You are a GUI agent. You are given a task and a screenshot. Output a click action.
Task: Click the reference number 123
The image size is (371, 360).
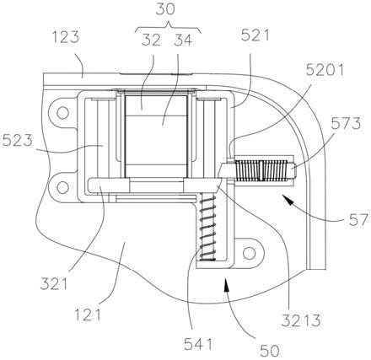[66, 37]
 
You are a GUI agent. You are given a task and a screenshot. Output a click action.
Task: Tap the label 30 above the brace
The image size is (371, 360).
[165, 9]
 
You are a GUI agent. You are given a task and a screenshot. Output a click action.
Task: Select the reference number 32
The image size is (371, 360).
[151, 40]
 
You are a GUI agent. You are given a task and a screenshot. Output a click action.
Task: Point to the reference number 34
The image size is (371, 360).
[183, 40]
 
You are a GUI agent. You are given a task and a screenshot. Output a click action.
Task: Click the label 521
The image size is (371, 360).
[255, 35]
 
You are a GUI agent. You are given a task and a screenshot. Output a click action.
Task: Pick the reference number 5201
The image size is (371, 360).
[325, 70]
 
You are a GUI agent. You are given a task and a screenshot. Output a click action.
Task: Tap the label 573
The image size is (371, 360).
[346, 123]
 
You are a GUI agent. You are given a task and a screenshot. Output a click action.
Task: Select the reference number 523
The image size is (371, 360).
[18, 140]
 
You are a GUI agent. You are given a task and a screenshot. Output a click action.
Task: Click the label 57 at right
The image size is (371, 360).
[358, 220]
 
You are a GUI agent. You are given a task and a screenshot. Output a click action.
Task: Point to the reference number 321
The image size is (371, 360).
[54, 284]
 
